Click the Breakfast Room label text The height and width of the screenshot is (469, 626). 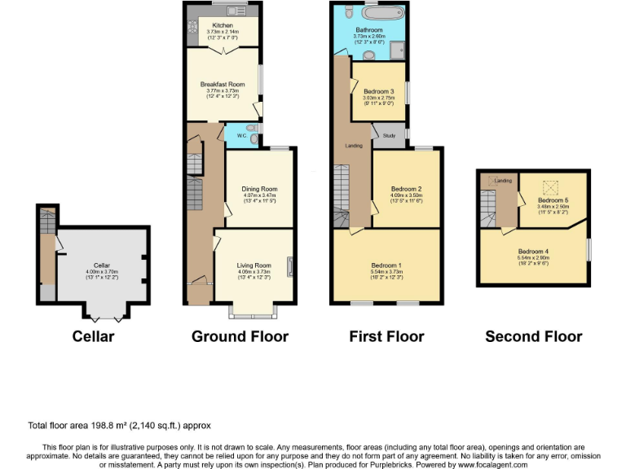223,84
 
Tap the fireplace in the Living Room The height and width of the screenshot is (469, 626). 289,266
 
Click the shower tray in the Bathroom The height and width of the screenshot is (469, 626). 397,51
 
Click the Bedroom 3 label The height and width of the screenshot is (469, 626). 378,90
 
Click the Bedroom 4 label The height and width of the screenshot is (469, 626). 533,252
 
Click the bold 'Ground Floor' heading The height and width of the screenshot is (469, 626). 240,336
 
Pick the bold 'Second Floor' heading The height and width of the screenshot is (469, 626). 533,336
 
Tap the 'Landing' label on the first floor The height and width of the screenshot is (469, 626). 354,145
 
